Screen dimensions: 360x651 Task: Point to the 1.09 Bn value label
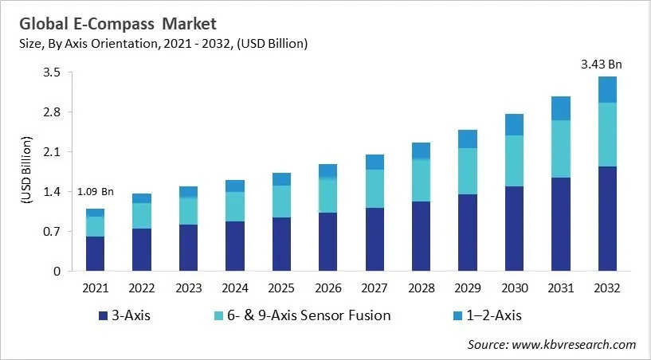point(96,192)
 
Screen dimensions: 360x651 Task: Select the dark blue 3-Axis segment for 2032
point(607,218)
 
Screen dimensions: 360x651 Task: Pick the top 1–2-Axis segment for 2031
point(561,108)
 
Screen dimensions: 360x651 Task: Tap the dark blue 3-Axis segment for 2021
point(96,253)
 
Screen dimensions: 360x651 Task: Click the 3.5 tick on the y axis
point(52,72)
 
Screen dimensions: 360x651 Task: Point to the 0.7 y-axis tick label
point(52,232)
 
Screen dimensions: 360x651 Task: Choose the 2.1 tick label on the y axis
point(52,152)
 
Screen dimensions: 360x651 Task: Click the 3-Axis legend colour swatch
point(101,316)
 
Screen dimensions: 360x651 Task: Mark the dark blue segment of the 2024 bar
point(235,245)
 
